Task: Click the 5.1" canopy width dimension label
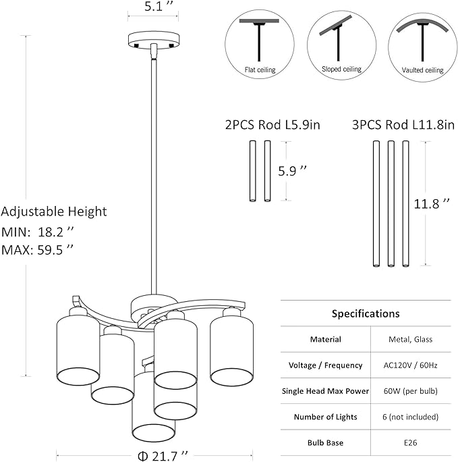[x=157, y=6]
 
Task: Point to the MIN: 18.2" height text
[x=37, y=232]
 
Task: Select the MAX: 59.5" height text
[x=37, y=250]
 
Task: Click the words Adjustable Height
[x=54, y=212]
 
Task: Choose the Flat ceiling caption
[x=260, y=70]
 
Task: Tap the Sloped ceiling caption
[x=341, y=70]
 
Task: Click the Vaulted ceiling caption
[x=423, y=70]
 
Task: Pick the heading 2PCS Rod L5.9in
[x=273, y=125]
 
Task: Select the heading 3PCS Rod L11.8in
[x=403, y=125]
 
